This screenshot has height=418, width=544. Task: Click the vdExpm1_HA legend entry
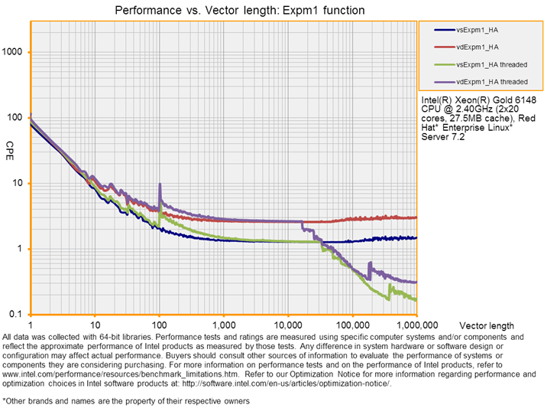[478, 47]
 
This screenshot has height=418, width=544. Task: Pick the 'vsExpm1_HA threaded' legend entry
[491, 64]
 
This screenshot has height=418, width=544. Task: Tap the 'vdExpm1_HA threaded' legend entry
[491, 82]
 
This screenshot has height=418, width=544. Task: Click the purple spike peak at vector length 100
[160, 185]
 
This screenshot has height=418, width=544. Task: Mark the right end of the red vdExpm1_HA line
[416, 217]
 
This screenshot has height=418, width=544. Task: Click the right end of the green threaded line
[416, 300]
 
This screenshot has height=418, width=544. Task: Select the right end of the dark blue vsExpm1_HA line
[416, 238]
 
